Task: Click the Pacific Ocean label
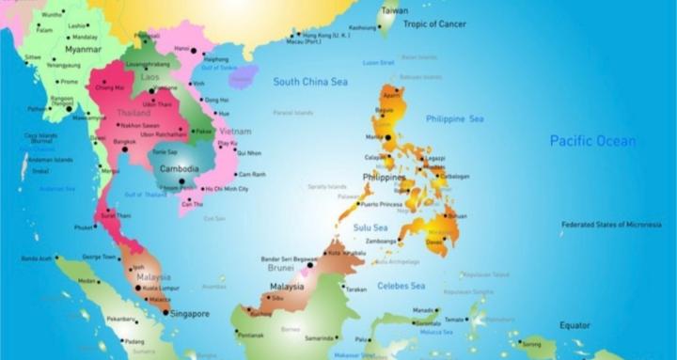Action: [x=592, y=141]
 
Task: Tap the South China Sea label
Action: [x=310, y=82]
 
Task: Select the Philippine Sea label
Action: [x=454, y=119]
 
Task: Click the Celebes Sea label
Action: [x=401, y=286]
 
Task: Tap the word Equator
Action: [x=575, y=325]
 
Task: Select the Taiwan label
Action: [x=394, y=10]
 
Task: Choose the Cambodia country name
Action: [x=179, y=169]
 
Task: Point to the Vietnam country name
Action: [x=235, y=132]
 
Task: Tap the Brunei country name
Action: [x=282, y=267]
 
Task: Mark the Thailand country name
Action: [x=133, y=113]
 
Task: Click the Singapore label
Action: [x=189, y=314]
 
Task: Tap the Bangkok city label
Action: [x=125, y=142]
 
